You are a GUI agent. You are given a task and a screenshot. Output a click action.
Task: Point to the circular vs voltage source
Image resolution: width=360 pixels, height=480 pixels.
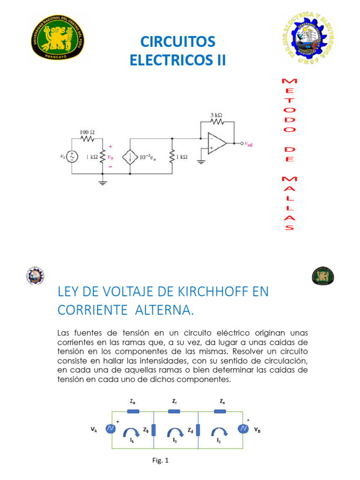point(73,157)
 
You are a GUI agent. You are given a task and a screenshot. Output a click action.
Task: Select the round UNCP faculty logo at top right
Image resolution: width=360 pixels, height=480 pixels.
point(308,37)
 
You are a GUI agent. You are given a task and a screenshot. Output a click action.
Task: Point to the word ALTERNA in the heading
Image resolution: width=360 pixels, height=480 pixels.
point(165,310)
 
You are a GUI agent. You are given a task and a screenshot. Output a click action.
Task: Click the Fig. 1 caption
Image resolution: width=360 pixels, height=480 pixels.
point(160,460)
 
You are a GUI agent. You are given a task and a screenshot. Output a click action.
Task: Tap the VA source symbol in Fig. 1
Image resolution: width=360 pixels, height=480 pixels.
point(110,429)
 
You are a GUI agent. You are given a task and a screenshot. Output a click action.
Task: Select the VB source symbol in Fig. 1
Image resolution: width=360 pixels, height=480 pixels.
point(243,429)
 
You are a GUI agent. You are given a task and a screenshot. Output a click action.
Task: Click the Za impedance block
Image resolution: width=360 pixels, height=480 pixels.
point(133,411)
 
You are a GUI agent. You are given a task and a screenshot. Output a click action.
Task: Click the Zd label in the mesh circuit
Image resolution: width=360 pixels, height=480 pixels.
point(190,429)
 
